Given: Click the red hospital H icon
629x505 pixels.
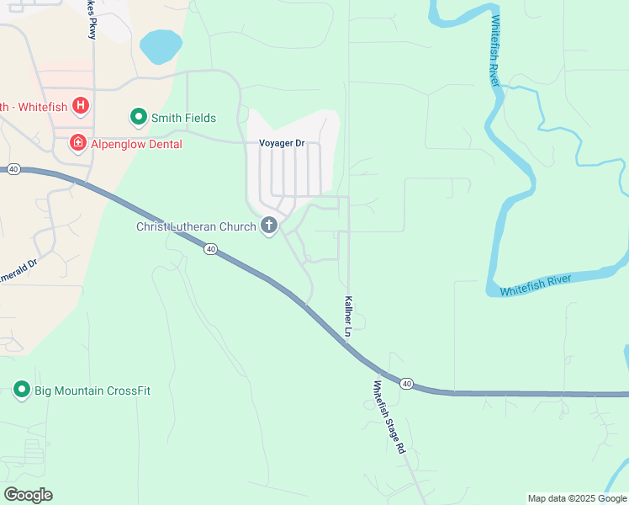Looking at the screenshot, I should (81, 105).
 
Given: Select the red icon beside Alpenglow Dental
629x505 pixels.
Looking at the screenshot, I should (77, 144).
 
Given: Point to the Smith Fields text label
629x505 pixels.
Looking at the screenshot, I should (183, 118).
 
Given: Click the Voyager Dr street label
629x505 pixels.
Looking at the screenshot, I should (282, 143).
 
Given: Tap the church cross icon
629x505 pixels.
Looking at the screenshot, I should (269, 226).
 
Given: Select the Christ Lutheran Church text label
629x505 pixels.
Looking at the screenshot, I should (196, 226).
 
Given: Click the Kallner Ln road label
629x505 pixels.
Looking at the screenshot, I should (347, 316).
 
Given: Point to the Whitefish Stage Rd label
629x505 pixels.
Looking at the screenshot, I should (389, 417).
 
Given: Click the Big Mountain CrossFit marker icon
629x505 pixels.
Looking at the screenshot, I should (22, 390).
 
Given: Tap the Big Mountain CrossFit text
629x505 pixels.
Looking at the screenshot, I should (92, 391).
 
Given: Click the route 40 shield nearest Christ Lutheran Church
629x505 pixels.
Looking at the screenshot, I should (210, 248).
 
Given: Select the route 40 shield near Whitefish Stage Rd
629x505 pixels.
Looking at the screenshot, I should (407, 384).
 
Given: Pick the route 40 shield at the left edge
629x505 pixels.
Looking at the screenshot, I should (13, 169).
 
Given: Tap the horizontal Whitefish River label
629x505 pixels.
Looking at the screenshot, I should (536, 285).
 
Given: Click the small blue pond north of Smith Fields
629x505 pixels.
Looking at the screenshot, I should (161, 46).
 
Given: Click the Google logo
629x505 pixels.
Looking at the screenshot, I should (28, 495).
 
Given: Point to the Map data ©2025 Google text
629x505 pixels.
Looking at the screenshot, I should (576, 498).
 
